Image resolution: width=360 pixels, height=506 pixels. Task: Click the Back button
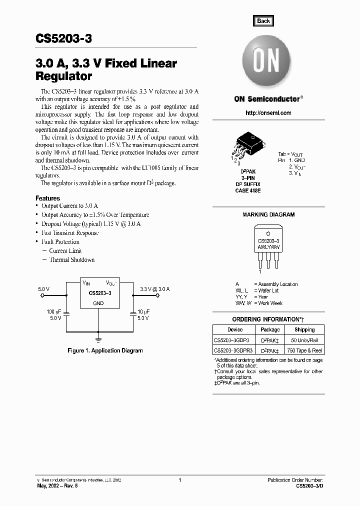click(263, 21)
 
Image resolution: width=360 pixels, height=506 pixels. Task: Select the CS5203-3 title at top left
click(63, 38)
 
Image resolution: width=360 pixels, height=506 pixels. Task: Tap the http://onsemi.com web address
click(268, 113)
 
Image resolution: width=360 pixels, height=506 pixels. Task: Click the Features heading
click(48, 198)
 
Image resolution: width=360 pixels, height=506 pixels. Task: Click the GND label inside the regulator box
click(98, 303)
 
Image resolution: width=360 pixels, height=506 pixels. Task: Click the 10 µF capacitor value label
click(143, 311)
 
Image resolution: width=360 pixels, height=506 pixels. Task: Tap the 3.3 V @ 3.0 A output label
click(155, 289)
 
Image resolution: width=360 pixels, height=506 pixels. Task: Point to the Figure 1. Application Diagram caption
click(105, 350)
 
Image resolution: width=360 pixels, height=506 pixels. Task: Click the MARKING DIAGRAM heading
click(268, 214)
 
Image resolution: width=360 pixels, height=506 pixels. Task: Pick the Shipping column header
click(304, 329)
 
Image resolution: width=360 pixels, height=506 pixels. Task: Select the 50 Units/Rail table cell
click(304, 340)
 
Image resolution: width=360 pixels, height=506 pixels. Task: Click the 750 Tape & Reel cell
click(304, 351)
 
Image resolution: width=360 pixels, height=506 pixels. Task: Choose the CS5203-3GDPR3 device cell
click(233, 351)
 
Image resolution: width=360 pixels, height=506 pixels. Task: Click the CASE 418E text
click(248, 190)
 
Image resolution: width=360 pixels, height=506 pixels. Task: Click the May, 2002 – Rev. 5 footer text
click(58, 485)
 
